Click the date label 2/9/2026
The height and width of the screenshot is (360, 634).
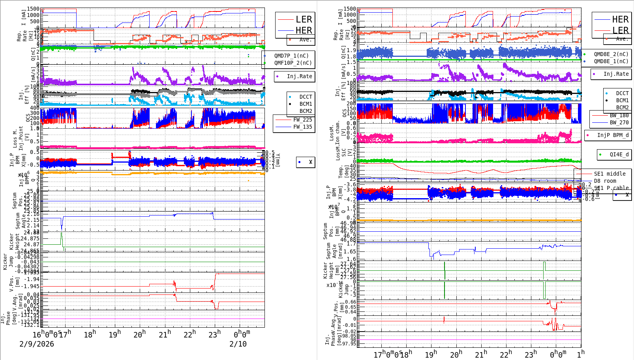click(37, 344)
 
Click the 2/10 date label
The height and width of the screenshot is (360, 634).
click(238, 344)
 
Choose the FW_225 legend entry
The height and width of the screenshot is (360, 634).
click(302, 120)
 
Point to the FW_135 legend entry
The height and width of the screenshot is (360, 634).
click(302, 127)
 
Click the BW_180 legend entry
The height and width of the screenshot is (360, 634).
click(619, 115)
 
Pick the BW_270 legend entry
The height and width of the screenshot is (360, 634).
click(619, 122)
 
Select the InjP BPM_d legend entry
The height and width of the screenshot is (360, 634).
click(613, 135)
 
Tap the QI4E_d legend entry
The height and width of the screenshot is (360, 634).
click(619, 154)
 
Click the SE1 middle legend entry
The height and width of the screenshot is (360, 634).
click(610, 174)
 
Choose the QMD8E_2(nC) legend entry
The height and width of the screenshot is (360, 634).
click(611, 54)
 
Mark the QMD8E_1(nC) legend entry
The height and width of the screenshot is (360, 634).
click(611, 61)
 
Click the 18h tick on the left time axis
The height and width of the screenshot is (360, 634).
click(90, 335)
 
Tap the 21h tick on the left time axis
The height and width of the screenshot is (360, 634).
click(165, 334)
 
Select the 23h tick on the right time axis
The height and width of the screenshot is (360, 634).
click(530, 354)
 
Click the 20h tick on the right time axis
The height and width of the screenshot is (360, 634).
click(456, 354)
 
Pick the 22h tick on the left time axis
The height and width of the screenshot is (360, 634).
click(189, 334)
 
